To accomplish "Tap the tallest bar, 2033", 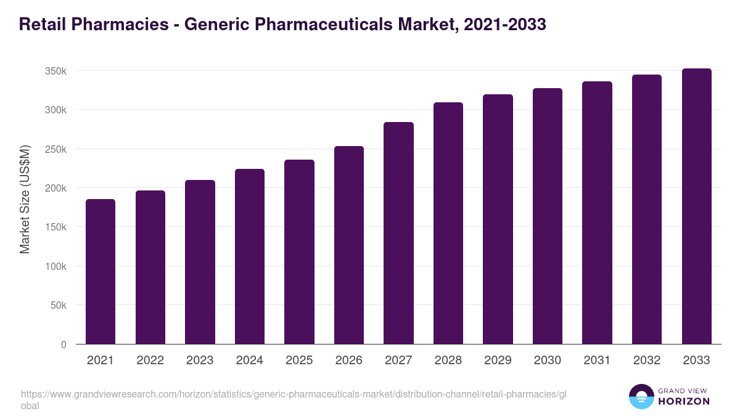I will [696, 206].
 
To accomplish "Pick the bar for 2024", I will [250, 256].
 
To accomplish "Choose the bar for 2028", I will [448, 223].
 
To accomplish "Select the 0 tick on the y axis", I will [64, 345].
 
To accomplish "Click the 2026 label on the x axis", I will [349, 361].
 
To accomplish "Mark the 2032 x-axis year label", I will [647, 361].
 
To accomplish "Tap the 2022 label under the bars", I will [150, 361].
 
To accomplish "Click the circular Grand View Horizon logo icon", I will [641, 396].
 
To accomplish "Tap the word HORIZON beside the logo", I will [683, 401].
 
